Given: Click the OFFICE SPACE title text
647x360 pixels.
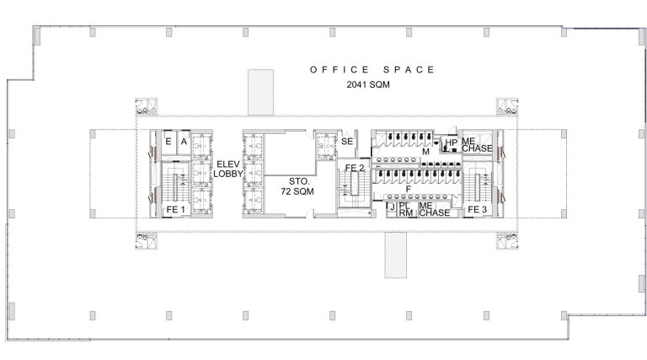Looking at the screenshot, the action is click(372, 70).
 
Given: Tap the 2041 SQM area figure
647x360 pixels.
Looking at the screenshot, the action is click(368, 84).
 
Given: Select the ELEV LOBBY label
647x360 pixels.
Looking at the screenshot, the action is click(227, 169).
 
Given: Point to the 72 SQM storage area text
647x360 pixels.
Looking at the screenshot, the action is click(297, 191).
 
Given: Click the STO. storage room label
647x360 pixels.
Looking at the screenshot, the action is click(299, 181).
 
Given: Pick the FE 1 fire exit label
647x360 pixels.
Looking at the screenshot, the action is click(176, 210).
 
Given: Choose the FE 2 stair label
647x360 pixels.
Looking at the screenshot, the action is click(355, 168).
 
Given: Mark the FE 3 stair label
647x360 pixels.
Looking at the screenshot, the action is click(478, 210).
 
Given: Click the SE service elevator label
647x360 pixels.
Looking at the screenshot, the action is click(347, 141).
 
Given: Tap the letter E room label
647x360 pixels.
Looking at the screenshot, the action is click(168, 142).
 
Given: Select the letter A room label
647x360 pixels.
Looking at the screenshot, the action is click(184, 142).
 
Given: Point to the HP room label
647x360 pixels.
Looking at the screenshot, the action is click(452, 142).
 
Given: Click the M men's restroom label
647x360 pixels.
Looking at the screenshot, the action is click(425, 152).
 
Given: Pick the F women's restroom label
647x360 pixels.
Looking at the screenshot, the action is click(409, 189).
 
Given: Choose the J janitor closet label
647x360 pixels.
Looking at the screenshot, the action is click(393, 207).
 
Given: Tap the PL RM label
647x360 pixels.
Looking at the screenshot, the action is click(406, 209).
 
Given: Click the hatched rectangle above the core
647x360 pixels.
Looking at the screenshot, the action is click(261, 92).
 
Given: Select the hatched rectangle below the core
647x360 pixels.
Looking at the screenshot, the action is click(396, 255).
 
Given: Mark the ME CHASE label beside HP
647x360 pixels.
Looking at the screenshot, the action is click(477, 145).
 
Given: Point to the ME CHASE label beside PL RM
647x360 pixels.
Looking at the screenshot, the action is click(435, 209).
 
